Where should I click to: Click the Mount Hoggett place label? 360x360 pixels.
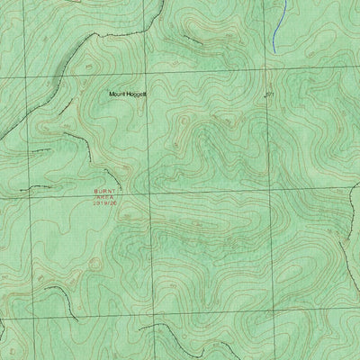click(128, 94)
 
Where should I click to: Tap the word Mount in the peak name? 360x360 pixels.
click(117, 94)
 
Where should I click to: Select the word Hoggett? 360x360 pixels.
click(138, 94)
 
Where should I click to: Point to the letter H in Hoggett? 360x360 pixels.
click(129, 94)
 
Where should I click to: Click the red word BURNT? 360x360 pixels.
click(104, 192)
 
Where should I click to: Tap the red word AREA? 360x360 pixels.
click(104, 198)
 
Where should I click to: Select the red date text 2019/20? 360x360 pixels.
click(104, 204)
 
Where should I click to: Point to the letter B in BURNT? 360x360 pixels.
click(94, 192)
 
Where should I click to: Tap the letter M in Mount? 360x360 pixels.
click(109, 94)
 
